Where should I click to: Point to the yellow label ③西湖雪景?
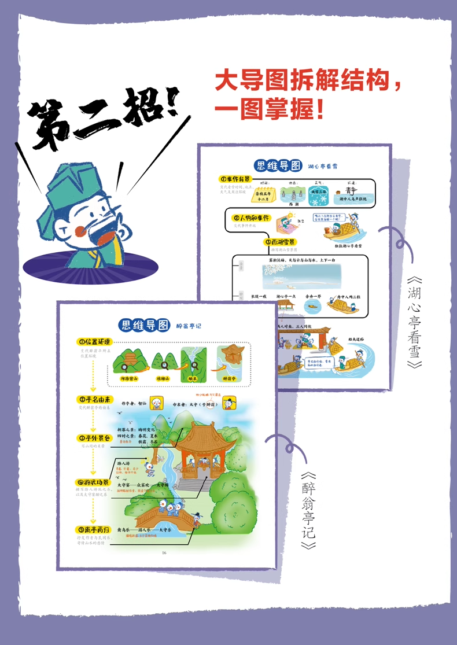(281, 242)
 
